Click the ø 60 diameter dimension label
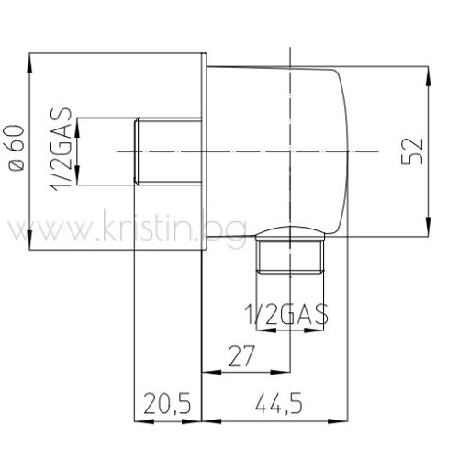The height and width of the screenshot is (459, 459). coord(14,148)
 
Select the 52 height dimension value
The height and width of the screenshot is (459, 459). coord(412,151)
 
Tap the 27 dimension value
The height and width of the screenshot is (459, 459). coord(241,356)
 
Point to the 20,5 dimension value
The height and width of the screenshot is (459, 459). coord(167,403)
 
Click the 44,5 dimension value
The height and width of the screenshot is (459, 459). coord(279,403)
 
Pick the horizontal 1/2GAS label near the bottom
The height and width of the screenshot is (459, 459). coord(286,314)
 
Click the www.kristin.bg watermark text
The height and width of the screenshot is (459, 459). coord(126,227)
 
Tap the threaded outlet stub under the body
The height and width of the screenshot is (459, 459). coord(290,256)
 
